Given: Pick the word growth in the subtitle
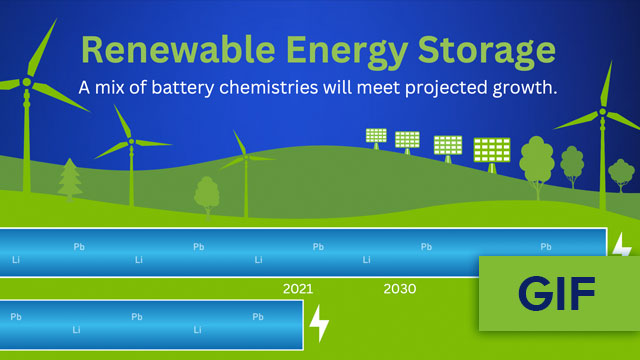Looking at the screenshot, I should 527,88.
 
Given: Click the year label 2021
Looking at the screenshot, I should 298,289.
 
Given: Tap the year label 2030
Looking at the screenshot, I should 400,289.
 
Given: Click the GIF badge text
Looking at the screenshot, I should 557,293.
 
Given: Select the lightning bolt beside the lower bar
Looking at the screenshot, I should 319,324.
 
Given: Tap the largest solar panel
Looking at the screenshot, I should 491,150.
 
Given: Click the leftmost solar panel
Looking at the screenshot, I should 375,136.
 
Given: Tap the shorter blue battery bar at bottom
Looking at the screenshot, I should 150,325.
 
